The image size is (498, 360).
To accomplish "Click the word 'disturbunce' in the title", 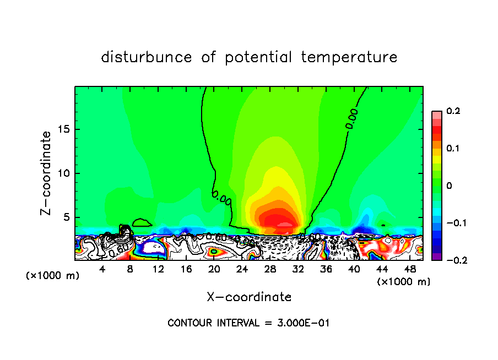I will coord(147,57).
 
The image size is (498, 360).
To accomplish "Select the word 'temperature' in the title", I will coord(349,57).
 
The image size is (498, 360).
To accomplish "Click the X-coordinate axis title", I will coord(249,297).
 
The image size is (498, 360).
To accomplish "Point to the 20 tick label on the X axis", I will coord(214,269).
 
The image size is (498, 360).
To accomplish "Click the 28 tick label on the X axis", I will coord(270,269).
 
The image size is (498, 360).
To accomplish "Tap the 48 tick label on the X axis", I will coord(410,269).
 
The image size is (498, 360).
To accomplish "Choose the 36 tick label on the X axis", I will coord(326,269).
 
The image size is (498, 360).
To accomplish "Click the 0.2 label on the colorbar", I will coord(453,111).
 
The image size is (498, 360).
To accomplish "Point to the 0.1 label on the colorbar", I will coord(453,149).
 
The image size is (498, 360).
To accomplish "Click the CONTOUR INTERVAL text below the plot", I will coord(248,323).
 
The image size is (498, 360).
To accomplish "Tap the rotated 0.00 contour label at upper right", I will coord(351,118).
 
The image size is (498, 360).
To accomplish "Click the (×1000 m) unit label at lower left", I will coord(53,275).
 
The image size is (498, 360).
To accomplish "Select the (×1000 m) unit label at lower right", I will coord(404,282).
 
